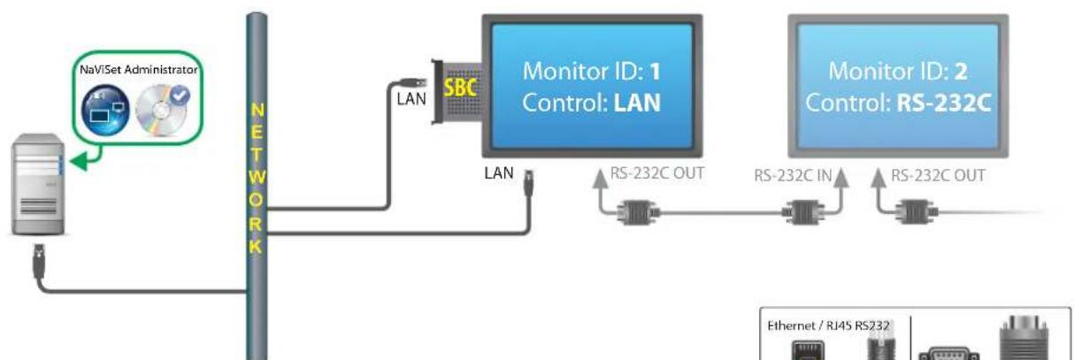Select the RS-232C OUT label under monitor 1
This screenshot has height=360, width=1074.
click(657, 173)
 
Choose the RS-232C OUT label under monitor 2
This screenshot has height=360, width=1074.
click(937, 174)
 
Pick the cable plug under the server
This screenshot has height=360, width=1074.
click(39, 259)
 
